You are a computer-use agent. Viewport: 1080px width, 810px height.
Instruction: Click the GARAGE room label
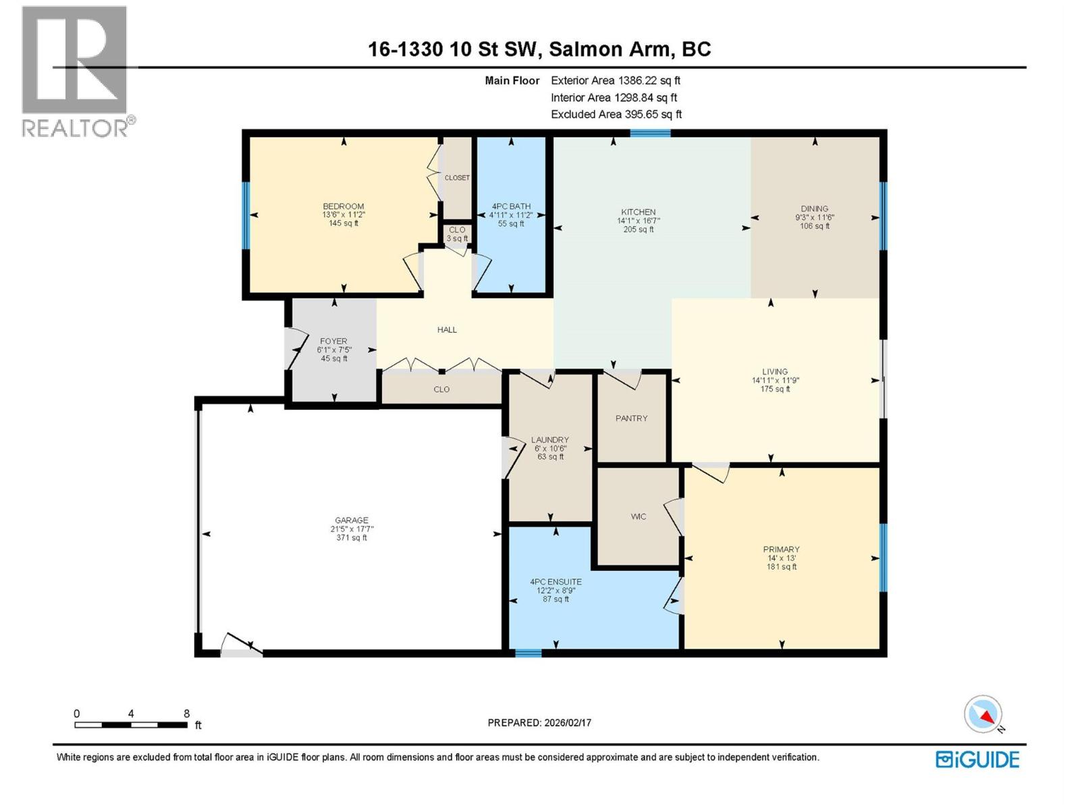pos(352,520)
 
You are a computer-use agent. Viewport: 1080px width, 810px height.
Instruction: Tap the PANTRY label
pos(631,418)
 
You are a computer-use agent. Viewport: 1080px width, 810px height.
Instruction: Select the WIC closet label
pos(638,516)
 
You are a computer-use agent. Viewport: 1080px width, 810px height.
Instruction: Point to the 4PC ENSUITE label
pos(556,582)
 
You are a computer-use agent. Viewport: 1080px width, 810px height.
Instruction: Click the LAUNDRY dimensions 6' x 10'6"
pos(550,448)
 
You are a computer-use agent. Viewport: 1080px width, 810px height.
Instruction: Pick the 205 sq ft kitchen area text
pos(638,230)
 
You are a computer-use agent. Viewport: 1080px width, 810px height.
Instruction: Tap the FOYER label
pos(333,342)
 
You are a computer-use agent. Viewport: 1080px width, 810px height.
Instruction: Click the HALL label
pos(447,330)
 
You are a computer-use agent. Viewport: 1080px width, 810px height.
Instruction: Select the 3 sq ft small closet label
pos(457,238)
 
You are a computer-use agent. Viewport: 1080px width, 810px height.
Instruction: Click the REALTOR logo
pos(76,71)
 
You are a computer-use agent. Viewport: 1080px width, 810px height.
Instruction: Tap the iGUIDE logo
pos(977,759)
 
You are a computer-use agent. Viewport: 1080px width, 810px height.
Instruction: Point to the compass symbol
pos(983,714)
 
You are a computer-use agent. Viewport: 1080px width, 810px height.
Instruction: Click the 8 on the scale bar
pos(186,713)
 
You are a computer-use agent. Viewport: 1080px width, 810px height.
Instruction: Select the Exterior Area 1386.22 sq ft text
pos(615,80)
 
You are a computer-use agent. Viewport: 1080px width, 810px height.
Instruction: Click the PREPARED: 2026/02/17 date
pos(539,722)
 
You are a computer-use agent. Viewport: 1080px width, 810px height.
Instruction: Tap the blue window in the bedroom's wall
pos(246,215)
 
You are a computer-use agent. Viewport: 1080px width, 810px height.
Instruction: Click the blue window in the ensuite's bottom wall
pos(528,653)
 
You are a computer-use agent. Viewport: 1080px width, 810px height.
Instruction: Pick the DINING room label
pos(814,209)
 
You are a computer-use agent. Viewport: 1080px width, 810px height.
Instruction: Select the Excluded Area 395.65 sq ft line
pos(616,114)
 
